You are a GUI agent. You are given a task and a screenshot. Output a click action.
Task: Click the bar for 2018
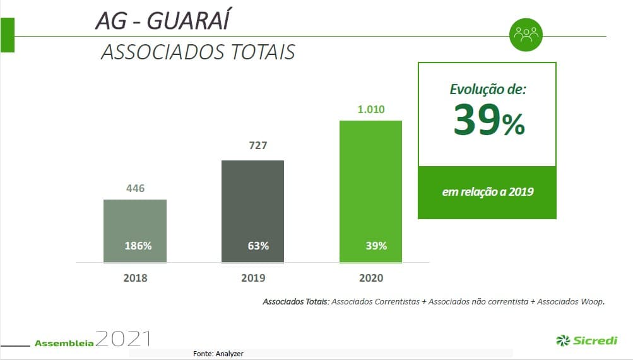click(135, 221)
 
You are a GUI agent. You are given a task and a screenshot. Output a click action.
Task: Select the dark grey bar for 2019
click(252, 202)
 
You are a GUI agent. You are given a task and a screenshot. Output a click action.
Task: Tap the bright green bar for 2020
click(370, 183)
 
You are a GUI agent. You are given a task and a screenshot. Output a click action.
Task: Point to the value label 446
click(135, 188)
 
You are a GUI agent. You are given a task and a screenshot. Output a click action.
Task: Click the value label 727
click(257, 146)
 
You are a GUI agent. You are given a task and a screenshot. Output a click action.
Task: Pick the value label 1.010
click(370, 109)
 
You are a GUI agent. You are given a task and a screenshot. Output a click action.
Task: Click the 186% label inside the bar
click(138, 246)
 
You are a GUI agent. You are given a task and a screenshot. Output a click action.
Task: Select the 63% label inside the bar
click(258, 246)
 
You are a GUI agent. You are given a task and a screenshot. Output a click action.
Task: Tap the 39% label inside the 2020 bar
click(376, 246)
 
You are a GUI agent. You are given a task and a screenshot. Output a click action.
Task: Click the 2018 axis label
click(135, 278)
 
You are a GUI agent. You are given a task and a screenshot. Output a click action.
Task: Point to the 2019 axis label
click(253, 278)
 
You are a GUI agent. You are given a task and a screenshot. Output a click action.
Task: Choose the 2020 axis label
click(370, 278)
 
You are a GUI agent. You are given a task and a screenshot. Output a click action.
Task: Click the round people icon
click(526, 35)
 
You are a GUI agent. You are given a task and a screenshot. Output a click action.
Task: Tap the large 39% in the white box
click(488, 121)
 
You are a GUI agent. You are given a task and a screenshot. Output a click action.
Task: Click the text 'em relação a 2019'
click(487, 191)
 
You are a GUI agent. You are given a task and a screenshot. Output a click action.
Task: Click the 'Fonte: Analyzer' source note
click(218, 354)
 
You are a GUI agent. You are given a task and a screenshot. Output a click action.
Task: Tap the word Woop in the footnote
click(592, 301)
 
